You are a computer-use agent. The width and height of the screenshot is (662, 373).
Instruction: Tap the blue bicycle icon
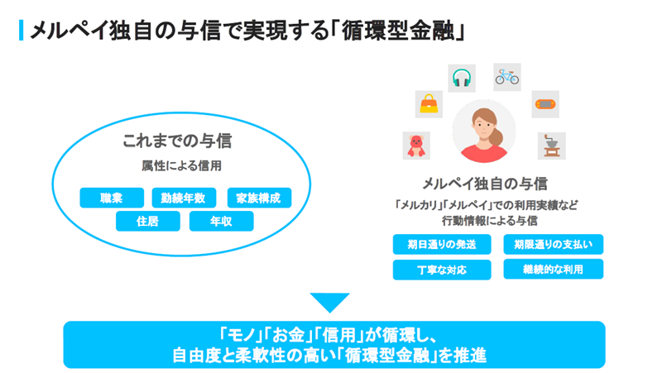pos(506,77)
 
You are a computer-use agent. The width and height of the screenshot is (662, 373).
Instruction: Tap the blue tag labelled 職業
pos(112,198)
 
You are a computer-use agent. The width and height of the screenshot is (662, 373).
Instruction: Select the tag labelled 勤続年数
pos(184,198)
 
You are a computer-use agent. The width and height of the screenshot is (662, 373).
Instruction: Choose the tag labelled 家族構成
pos(258,198)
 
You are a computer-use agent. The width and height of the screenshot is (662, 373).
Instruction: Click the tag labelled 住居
pos(147,221)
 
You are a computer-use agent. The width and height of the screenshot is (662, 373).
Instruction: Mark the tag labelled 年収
pos(221,221)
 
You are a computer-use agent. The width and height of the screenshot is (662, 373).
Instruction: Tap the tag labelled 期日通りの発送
pos(442,245)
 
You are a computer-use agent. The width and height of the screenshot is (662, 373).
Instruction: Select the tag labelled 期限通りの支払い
pos(553,245)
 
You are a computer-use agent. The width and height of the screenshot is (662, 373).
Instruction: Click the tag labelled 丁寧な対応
pos(442,270)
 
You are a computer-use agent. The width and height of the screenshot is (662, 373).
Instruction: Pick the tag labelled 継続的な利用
pos(553,270)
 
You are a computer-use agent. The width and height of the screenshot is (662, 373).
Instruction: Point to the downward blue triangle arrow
pos(330,302)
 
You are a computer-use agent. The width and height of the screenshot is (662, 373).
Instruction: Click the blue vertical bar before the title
pos(21,31)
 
